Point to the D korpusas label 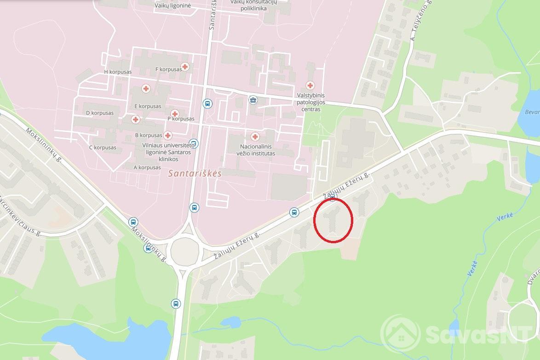click(x=100, y=113)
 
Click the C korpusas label click(x=102, y=148)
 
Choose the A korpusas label click(x=147, y=167)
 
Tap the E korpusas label click(x=148, y=106)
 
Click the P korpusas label click(x=181, y=119)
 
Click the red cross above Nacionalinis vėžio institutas click(x=255, y=137)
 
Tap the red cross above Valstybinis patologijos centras click(x=310, y=86)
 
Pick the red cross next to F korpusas click(x=185, y=67)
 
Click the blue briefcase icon click(x=253, y=100)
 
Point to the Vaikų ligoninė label click(x=172, y=5)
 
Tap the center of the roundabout click(x=186, y=251)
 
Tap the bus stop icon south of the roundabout click(x=176, y=303)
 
